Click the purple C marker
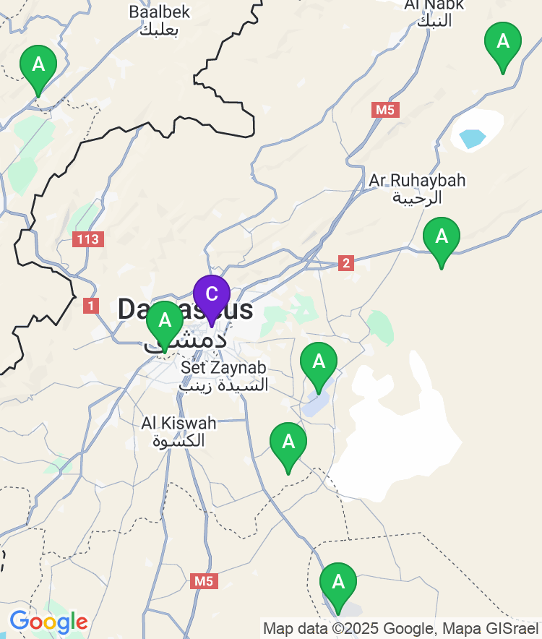coord(211,296)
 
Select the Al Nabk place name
coord(434,6)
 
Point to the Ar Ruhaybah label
coord(417,180)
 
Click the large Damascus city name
coord(186,310)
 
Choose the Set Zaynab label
coord(223,367)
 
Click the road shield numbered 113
coord(89,239)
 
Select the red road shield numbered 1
coord(90,306)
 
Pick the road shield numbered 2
coord(346,263)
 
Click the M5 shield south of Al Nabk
coord(386,110)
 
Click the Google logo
coord(48,622)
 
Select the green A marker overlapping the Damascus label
coord(165,322)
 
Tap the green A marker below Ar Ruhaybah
coord(441,237)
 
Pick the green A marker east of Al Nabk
coord(502,42)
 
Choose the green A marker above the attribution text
coord(337,583)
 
